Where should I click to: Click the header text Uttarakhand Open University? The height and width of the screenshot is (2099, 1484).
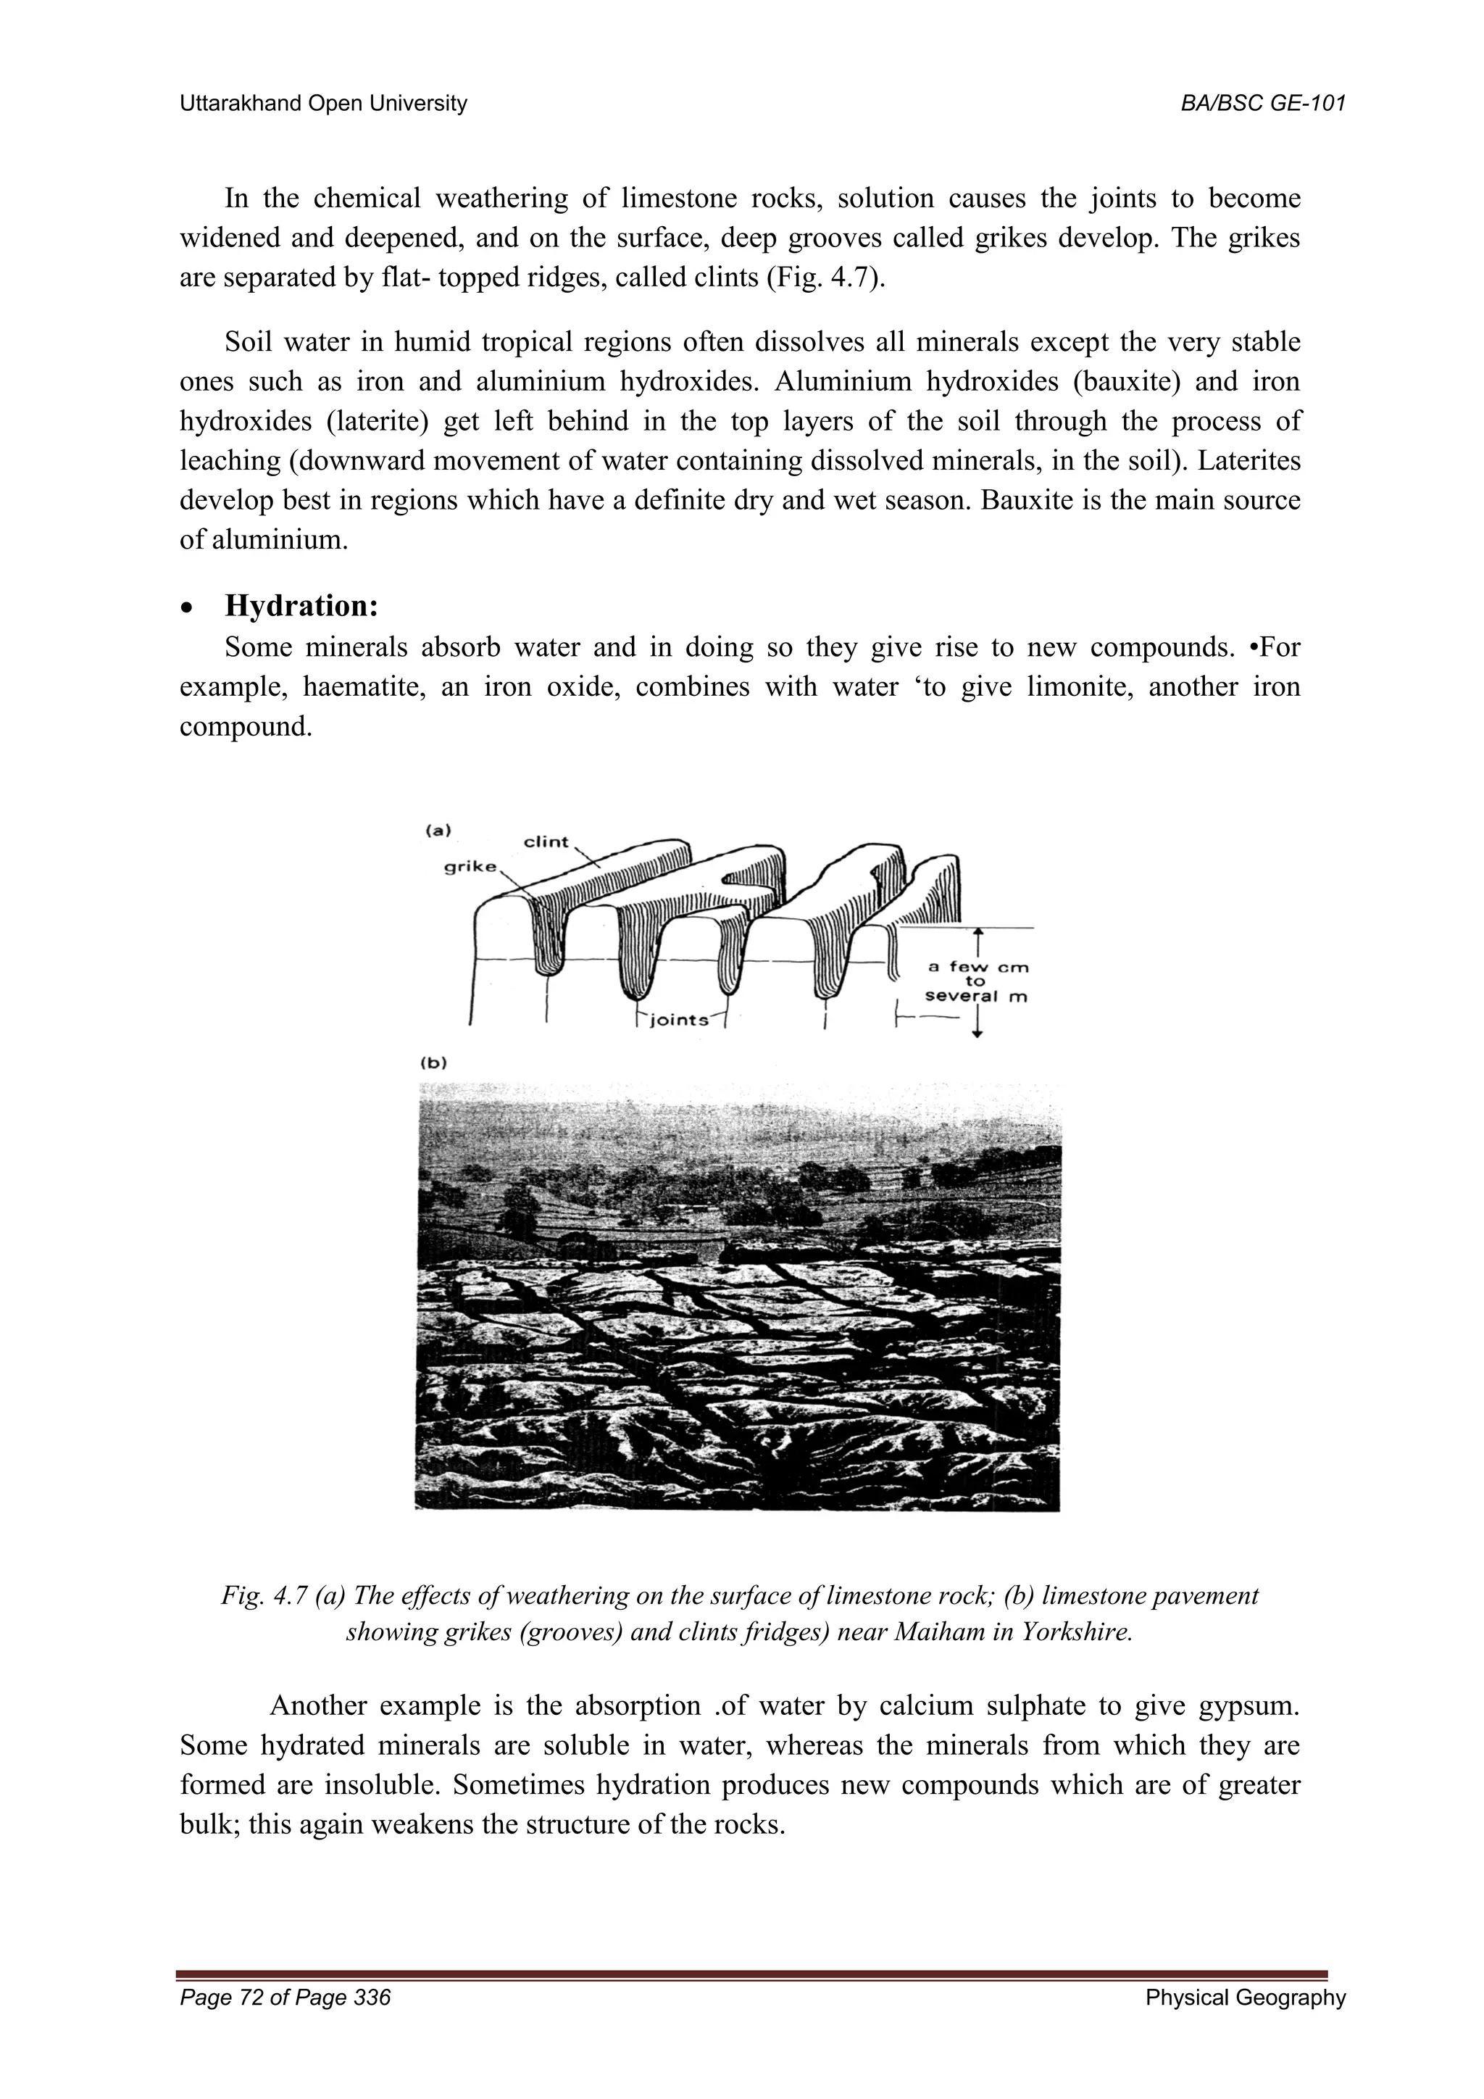(x=322, y=104)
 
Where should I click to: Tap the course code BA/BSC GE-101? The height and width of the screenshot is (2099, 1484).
(x=1263, y=104)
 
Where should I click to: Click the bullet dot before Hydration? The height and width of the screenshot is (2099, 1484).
(x=188, y=609)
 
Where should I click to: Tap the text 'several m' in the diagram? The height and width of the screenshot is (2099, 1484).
(x=976, y=997)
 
